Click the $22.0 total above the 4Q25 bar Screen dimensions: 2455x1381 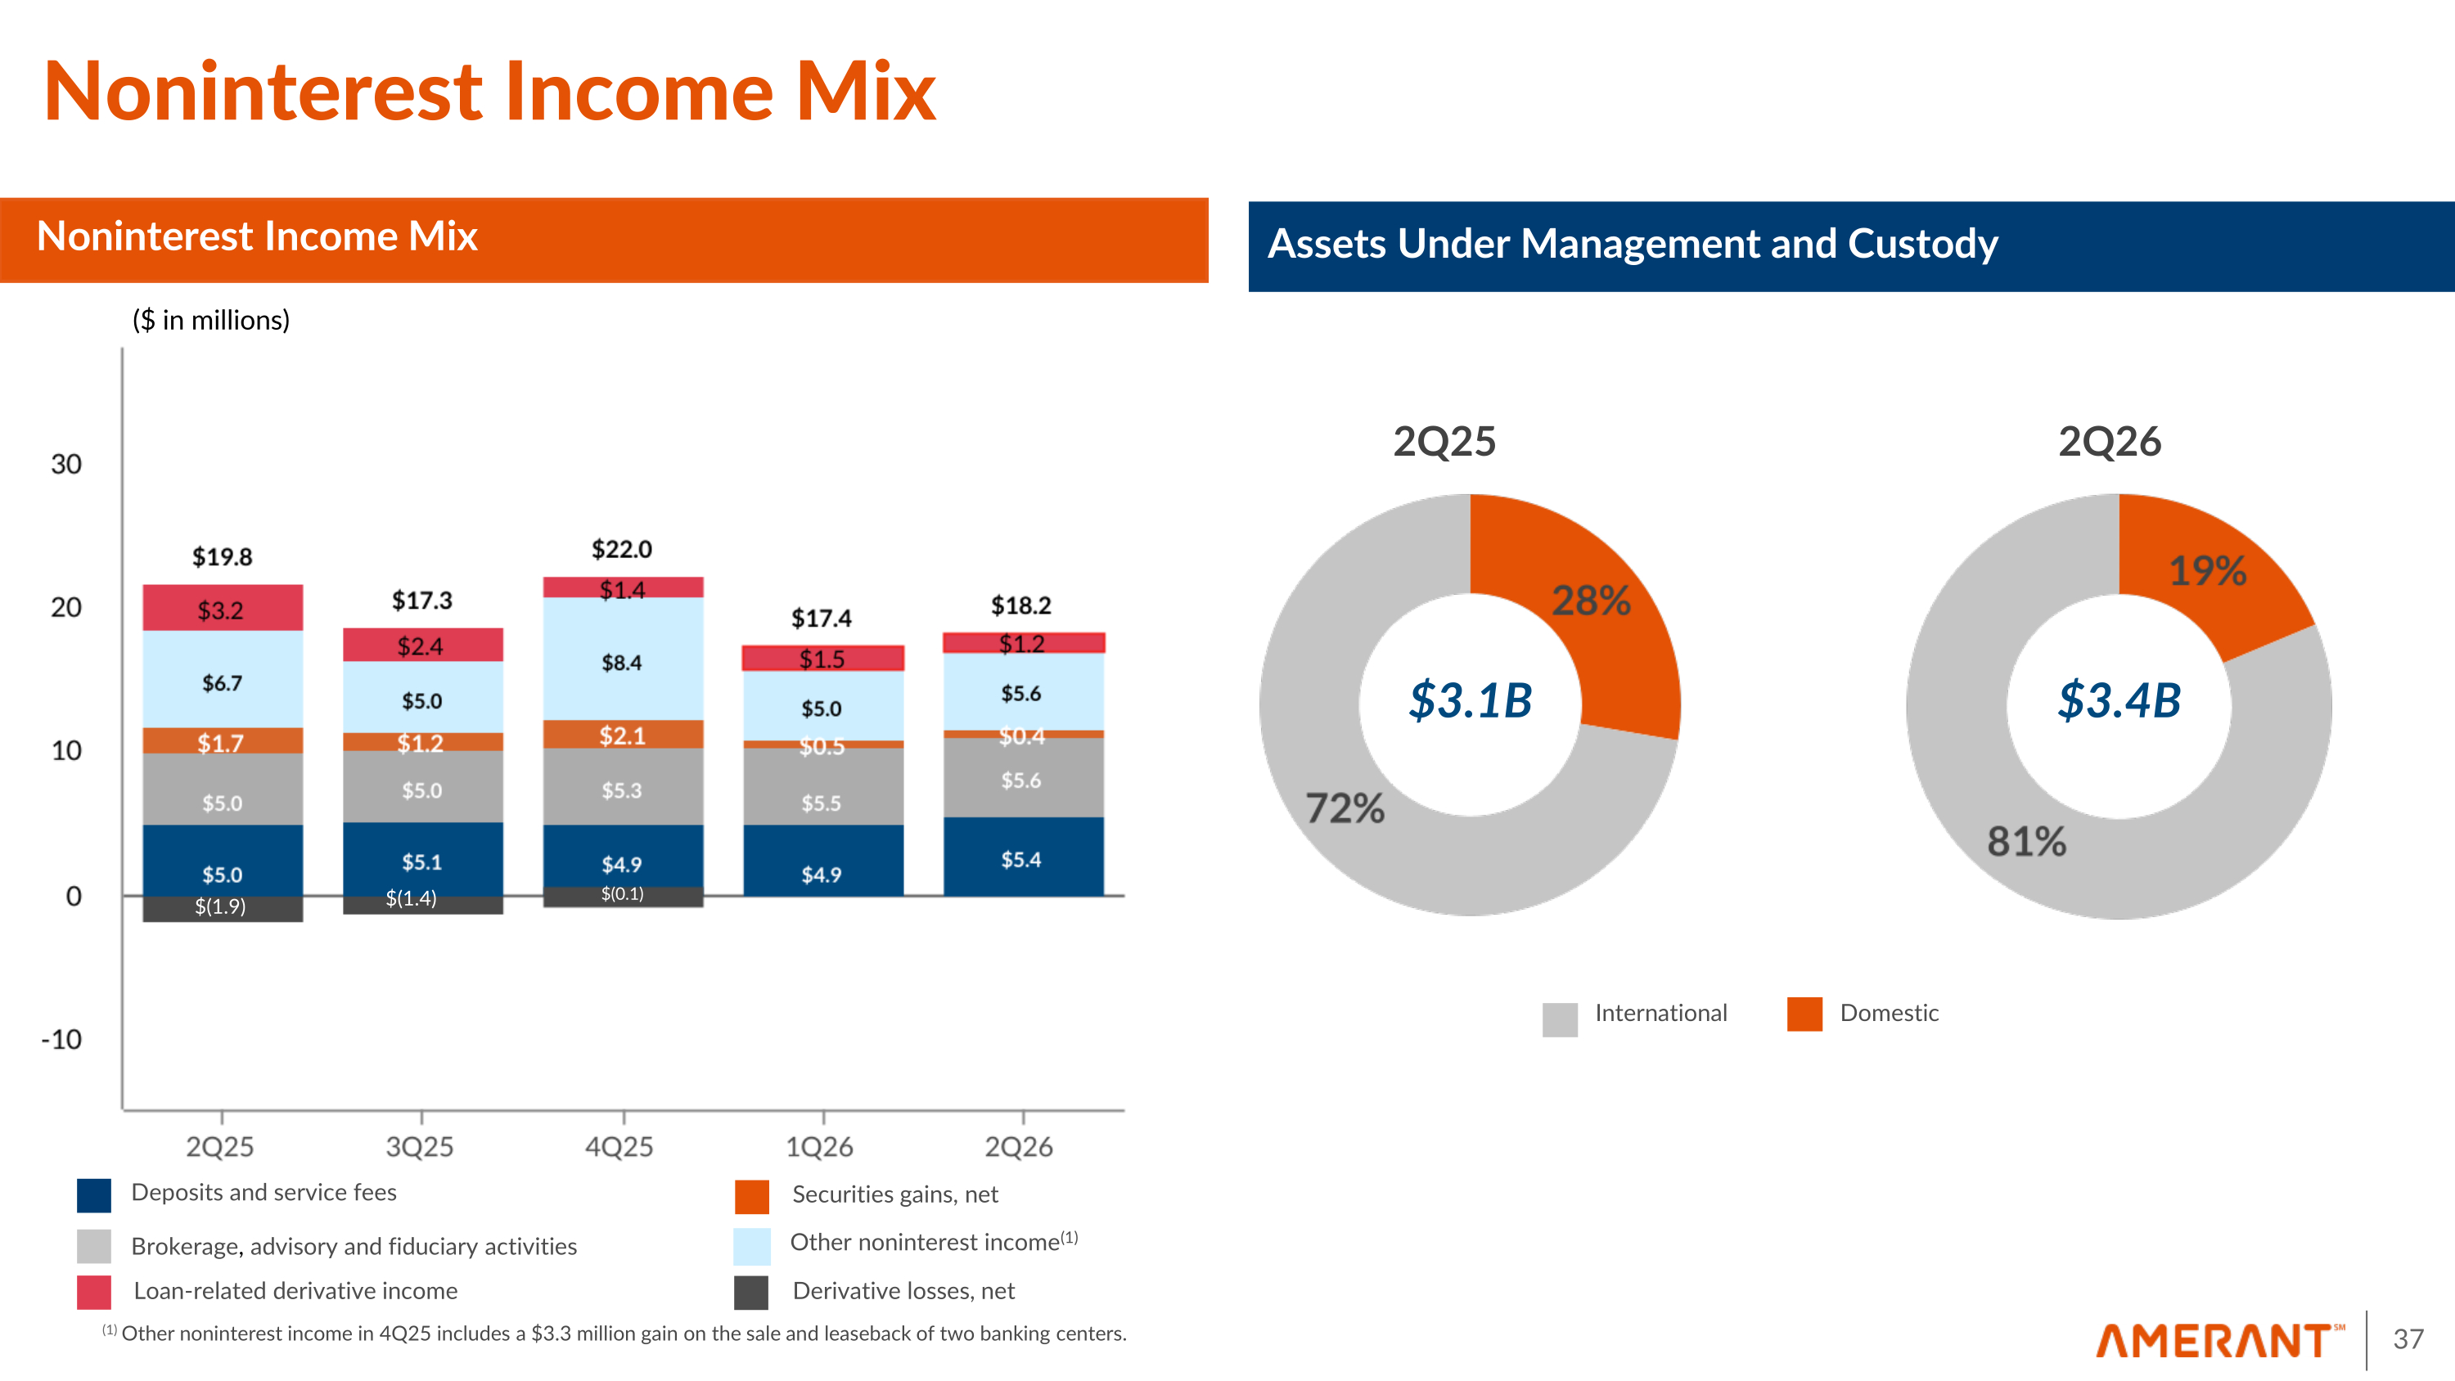pos(621,549)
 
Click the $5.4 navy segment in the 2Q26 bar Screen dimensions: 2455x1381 pos(1024,857)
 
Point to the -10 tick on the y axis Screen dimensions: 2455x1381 pos(62,1039)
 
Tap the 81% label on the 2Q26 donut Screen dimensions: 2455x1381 pos(2026,842)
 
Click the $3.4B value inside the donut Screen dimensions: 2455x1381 pos(2119,700)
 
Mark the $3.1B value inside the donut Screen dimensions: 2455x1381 pos(1471,700)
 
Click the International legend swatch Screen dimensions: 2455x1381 pos(1560,1019)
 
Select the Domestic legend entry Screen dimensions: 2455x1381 pos(1863,1014)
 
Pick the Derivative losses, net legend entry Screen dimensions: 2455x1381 pos(875,1291)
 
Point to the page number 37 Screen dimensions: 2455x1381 pos(2408,1339)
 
